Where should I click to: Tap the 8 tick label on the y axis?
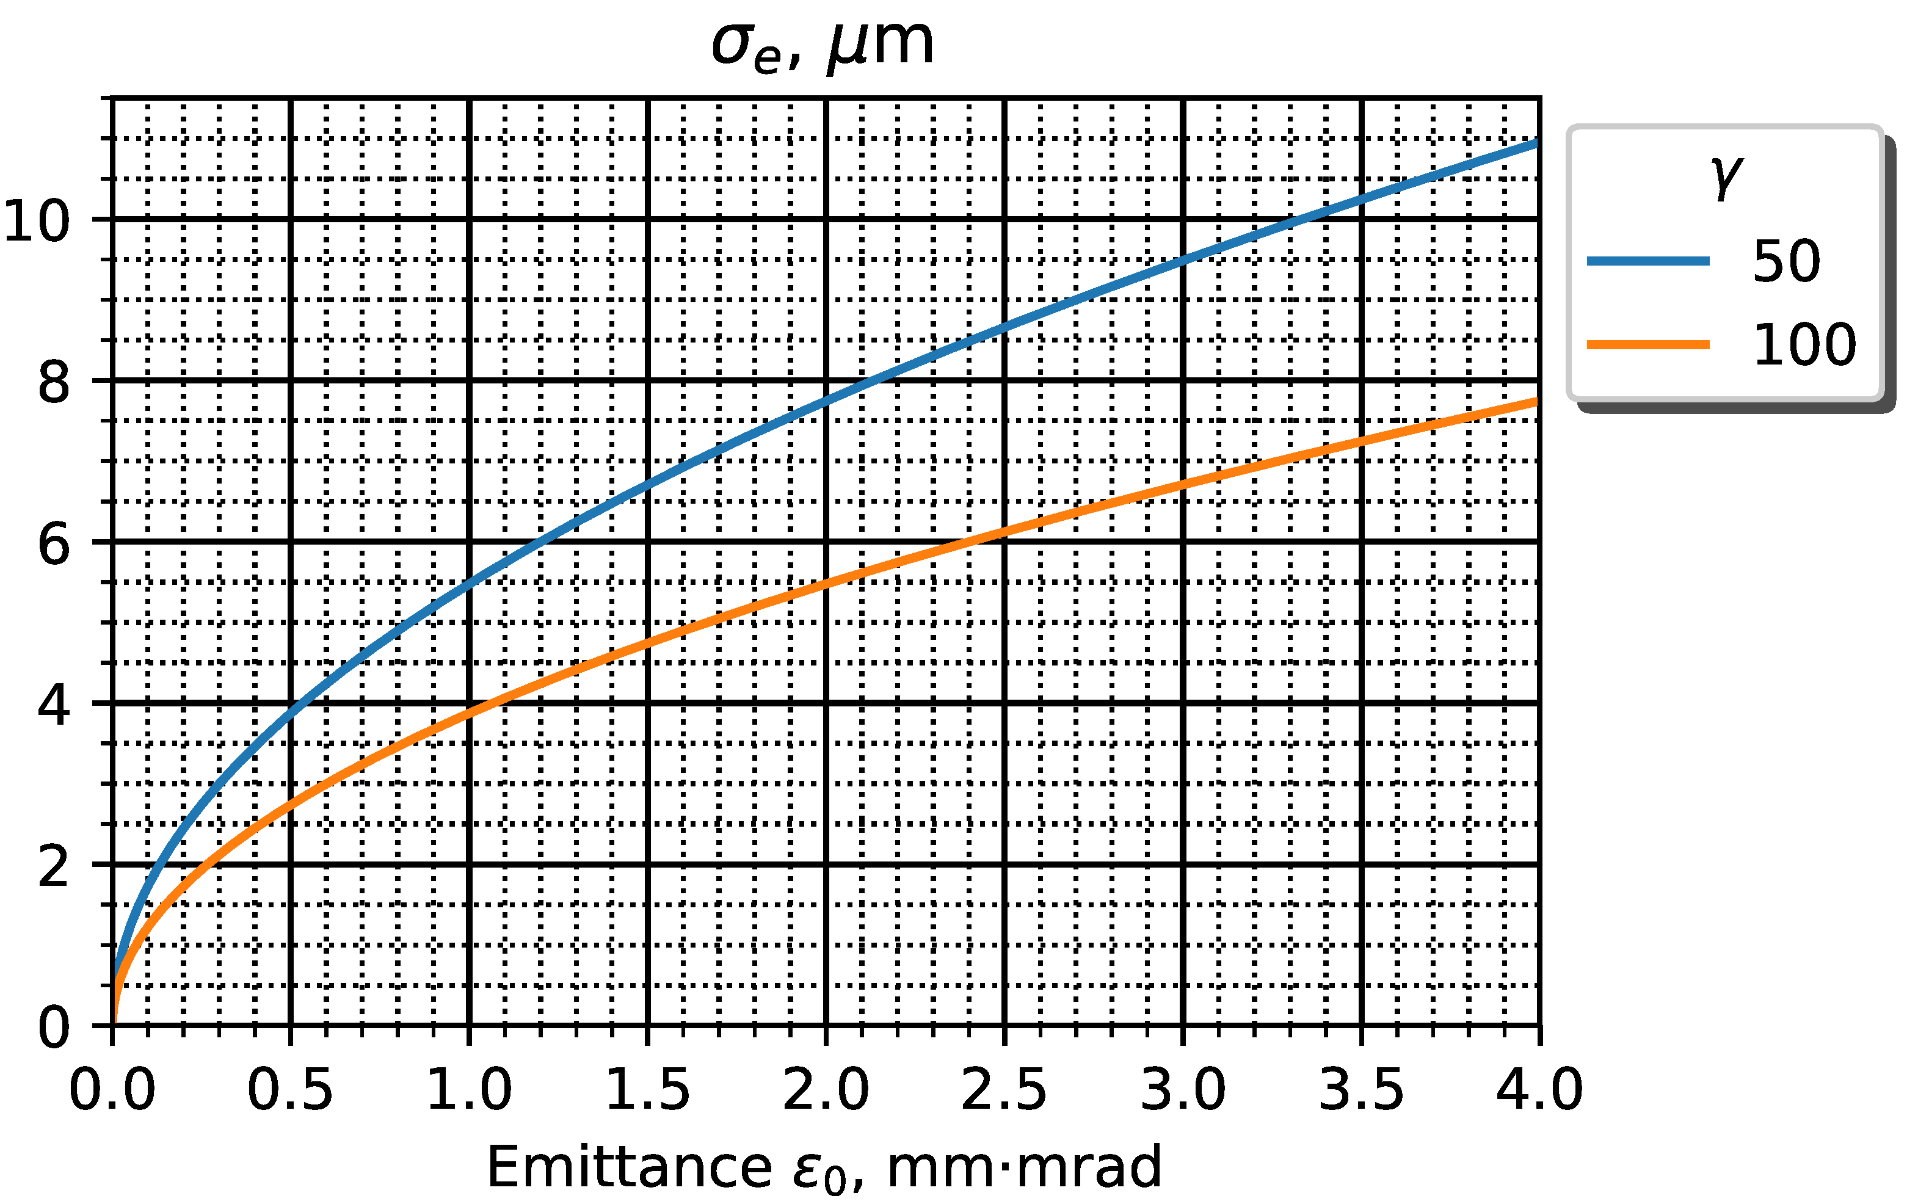(54, 383)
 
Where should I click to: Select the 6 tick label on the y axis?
(54, 545)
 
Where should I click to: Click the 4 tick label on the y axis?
(54, 706)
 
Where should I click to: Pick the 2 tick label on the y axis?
(54, 867)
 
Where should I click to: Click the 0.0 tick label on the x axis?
(112, 1090)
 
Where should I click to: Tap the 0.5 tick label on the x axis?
(290, 1090)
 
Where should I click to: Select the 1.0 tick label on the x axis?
(469, 1090)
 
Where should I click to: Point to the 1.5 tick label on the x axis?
(647, 1090)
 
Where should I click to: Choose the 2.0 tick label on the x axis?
(826, 1090)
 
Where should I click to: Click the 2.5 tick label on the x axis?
(1004, 1090)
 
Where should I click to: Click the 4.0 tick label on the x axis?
(1539, 1090)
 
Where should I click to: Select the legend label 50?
(1786, 261)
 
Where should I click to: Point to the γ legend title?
(1725, 177)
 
